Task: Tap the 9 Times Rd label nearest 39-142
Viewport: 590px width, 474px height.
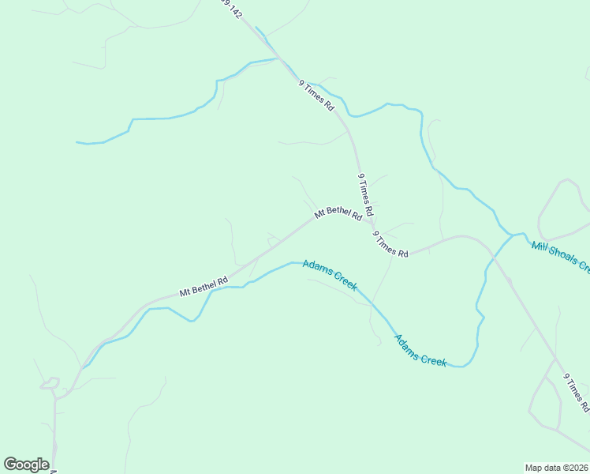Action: click(316, 95)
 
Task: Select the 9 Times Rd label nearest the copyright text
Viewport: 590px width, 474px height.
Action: click(577, 393)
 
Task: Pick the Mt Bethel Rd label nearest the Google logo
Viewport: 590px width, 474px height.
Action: click(204, 286)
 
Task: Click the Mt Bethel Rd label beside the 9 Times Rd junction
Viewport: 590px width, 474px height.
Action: click(338, 213)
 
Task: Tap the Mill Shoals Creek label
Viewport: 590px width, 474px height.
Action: click(560, 257)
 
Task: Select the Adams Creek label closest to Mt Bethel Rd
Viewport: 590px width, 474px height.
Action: click(330, 275)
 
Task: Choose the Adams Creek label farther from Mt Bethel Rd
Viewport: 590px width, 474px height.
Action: click(420, 350)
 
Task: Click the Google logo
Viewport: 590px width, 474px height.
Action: click(26, 465)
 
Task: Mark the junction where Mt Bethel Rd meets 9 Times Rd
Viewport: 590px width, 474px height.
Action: click(372, 221)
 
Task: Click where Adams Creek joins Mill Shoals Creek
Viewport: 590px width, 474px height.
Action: click(513, 235)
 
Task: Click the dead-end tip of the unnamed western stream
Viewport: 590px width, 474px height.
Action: click(77, 142)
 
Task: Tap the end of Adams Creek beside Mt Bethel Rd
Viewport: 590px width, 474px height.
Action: click(82, 368)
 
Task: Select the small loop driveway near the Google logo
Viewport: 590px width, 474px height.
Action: click(50, 383)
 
